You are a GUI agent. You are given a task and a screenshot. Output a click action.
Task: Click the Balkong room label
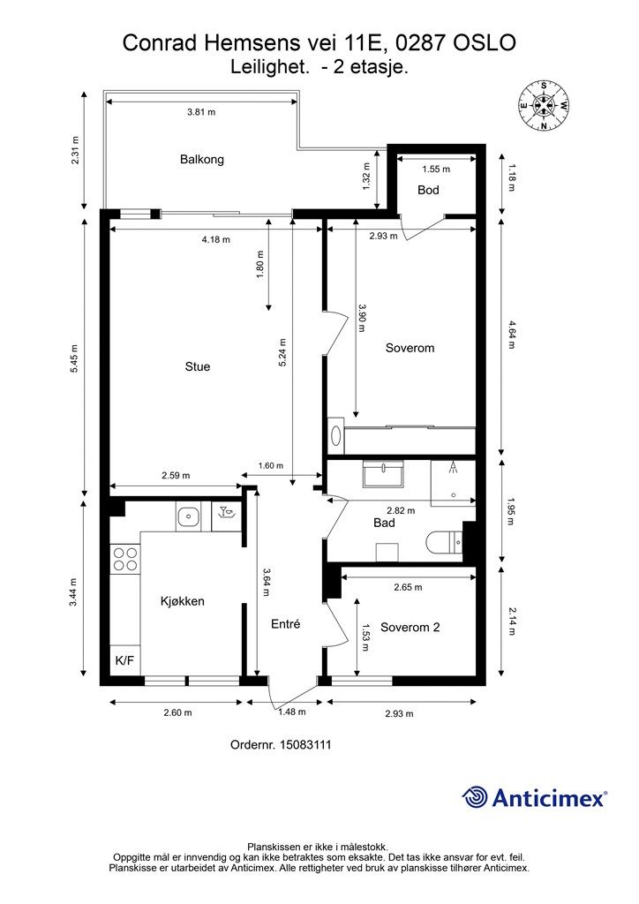tap(201, 159)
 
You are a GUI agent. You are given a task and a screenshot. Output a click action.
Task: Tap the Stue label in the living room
tap(197, 366)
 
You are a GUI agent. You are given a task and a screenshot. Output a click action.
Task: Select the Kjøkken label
tap(182, 601)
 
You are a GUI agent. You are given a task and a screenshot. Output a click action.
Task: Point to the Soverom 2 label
tap(410, 628)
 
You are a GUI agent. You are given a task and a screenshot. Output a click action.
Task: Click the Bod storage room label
tap(428, 190)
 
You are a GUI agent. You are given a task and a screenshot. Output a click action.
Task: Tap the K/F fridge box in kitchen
tap(125, 660)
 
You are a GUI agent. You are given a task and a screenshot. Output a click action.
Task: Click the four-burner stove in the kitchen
tap(125, 559)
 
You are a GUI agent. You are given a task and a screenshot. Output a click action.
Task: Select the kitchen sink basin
tap(188, 516)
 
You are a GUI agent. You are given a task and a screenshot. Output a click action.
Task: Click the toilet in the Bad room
tap(444, 542)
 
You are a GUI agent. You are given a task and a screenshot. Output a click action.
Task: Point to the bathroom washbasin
tap(383, 474)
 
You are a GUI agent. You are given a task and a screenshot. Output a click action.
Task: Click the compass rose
tap(544, 104)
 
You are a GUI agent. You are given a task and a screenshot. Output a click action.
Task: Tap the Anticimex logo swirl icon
tap(475, 797)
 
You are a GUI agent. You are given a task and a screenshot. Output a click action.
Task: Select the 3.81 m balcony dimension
tap(201, 112)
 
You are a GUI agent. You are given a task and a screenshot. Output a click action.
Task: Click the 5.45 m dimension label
tap(74, 358)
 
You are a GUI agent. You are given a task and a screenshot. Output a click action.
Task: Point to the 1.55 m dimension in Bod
tap(436, 169)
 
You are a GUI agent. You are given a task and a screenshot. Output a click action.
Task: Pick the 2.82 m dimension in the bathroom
tap(401, 510)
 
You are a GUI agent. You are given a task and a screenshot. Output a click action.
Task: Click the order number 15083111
tap(281, 744)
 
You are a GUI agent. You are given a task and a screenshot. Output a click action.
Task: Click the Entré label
tap(285, 624)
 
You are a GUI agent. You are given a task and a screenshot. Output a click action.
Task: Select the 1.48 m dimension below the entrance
tap(292, 712)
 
